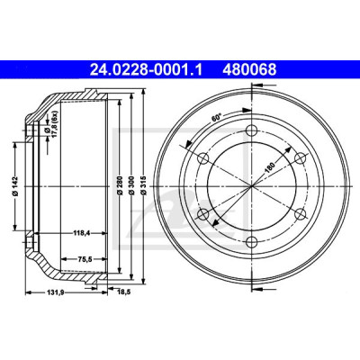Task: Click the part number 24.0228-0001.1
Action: click(147, 70)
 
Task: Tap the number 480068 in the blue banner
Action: click(249, 70)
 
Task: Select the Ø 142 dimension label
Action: click(16, 186)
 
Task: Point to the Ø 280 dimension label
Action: click(120, 185)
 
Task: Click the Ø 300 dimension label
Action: click(131, 185)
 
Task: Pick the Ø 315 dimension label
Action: click(144, 185)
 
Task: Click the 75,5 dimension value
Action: click(85, 259)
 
